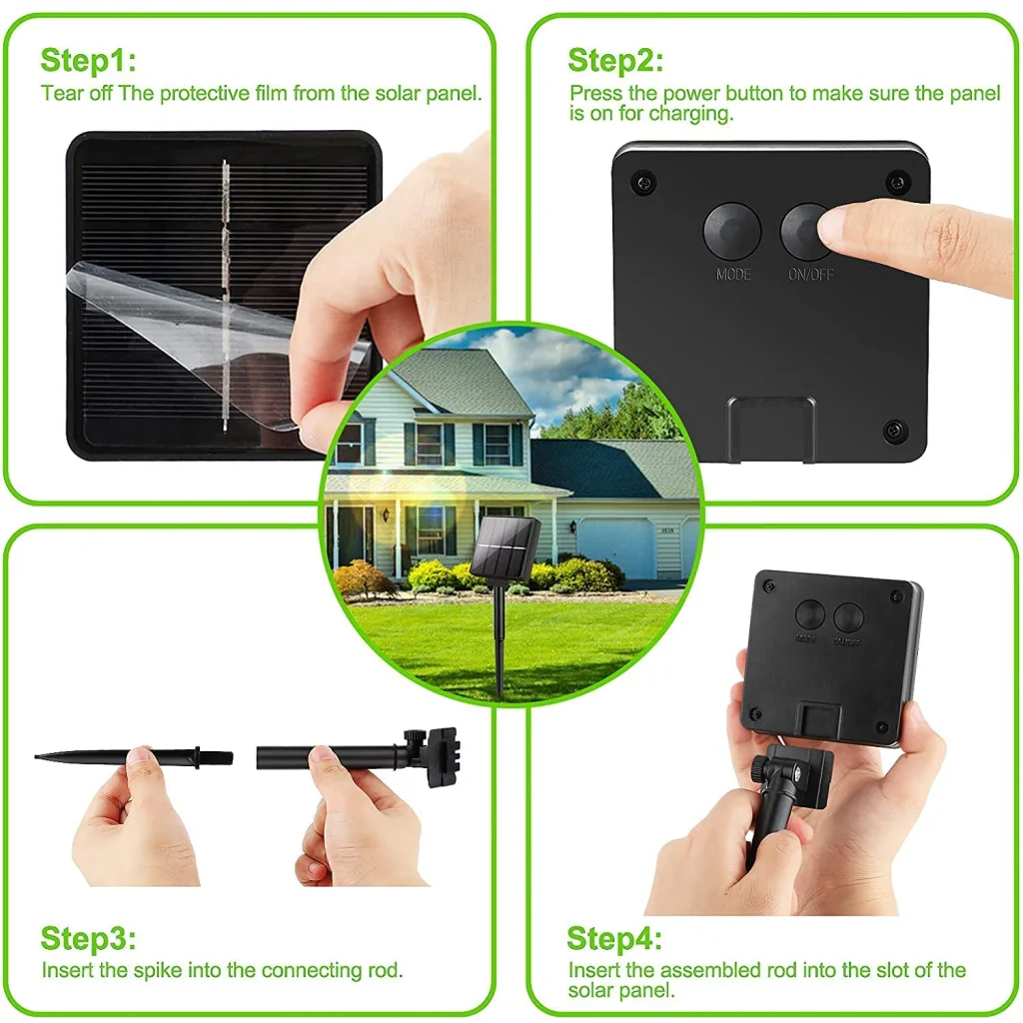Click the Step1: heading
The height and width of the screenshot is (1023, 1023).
tap(88, 61)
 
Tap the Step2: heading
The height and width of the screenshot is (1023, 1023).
tap(615, 61)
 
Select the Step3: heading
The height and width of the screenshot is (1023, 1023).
tap(88, 939)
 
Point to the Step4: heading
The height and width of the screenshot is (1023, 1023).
tap(614, 939)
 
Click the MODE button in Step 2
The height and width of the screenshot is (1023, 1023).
tap(732, 232)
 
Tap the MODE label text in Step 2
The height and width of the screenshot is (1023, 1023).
tap(733, 274)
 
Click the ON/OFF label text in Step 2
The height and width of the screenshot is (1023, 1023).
tap(810, 274)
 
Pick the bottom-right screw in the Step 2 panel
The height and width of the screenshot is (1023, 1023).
tap(893, 431)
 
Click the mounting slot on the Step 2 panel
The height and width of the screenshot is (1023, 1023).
tap(770, 428)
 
